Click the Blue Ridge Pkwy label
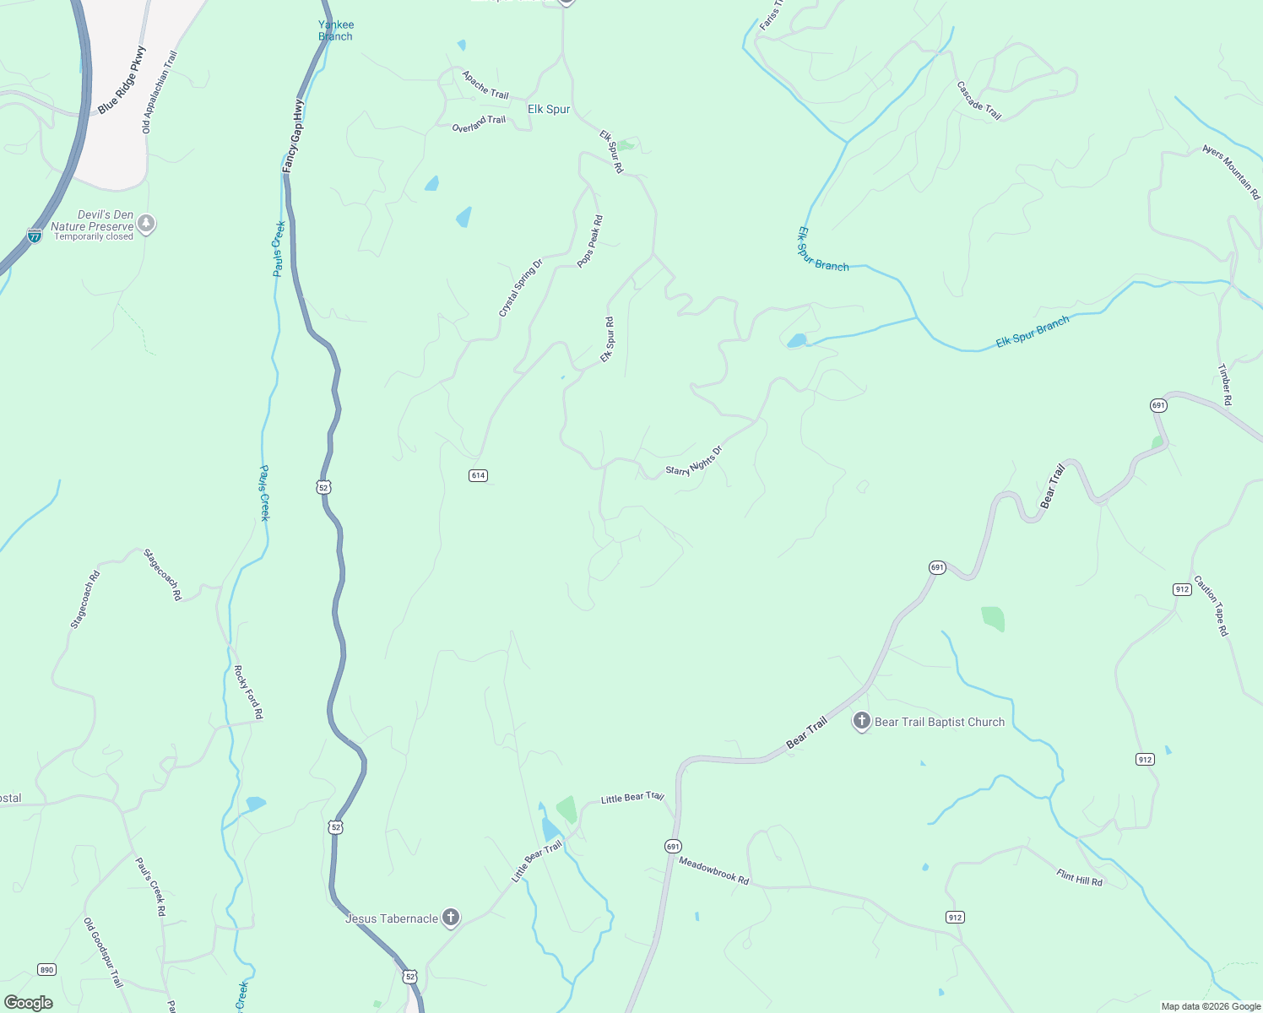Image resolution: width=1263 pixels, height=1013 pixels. click(x=122, y=81)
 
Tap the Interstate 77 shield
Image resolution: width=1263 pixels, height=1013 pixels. click(x=35, y=236)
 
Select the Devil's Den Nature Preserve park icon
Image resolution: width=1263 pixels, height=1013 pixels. click(x=147, y=224)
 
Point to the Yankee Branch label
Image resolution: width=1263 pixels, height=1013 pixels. click(x=336, y=30)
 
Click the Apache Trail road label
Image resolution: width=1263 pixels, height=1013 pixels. click(x=485, y=85)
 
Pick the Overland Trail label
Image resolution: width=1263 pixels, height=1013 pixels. click(x=479, y=124)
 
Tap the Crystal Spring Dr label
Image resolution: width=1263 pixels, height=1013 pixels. click(x=520, y=289)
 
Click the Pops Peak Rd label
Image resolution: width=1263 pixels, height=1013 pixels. click(x=590, y=241)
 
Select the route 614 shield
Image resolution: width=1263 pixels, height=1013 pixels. click(x=478, y=475)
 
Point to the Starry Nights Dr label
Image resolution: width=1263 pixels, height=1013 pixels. click(x=694, y=461)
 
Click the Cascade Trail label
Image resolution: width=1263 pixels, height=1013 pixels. click(x=979, y=100)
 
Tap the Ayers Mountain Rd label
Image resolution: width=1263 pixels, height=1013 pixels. click(x=1232, y=171)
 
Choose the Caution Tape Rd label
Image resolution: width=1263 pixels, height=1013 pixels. click(x=1212, y=606)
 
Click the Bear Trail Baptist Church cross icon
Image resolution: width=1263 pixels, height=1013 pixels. click(x=861, y=721)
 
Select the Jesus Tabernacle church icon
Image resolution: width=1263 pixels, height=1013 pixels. click(x=451, y=918)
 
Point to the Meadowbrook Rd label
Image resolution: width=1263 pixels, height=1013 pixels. click(x=713, y=870)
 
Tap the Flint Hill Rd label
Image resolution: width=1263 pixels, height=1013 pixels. click(x=1079, y=877)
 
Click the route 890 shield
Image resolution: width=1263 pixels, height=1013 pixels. click(x=46, y=969)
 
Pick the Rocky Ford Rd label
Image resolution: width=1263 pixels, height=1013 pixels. click(x=249, y=692)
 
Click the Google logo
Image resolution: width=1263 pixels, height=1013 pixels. click(x=29, y=1003)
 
